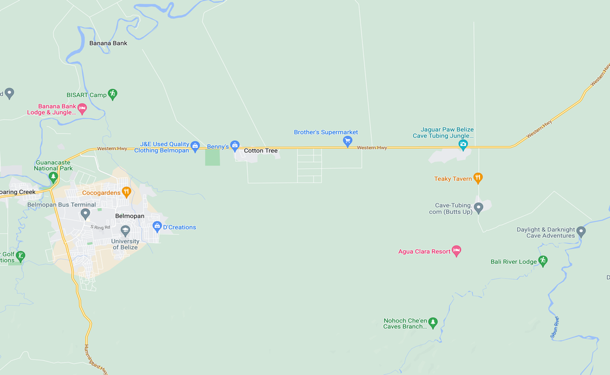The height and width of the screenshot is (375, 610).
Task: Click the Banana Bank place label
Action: [x=108, y=43]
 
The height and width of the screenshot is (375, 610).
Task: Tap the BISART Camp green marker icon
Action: [x=113, y=94]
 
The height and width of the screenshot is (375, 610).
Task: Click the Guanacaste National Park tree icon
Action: [x=53, y=176]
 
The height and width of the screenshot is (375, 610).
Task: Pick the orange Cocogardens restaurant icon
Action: [x=126, y=192]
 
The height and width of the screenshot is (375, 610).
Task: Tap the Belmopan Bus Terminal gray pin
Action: [x=85, y=213]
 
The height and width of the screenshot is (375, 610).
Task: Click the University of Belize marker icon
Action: [x=125, y=230]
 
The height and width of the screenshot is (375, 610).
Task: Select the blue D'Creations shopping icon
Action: [x=157, y=227]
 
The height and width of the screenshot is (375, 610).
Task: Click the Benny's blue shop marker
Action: [x=235, y=146]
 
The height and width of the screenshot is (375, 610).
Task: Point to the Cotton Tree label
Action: [x=261, y=151]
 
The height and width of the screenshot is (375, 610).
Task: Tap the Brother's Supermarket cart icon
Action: [x=347, y=141]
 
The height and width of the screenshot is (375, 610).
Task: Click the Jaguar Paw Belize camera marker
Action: [x=463, y=145]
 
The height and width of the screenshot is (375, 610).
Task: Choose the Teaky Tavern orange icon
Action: [x=477, y=178]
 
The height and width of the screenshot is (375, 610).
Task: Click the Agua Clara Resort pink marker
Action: [x=456, y=251]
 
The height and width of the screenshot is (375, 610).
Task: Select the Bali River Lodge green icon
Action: [x=543, y=261]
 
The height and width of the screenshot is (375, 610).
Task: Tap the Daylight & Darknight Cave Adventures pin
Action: [x=581, y=231]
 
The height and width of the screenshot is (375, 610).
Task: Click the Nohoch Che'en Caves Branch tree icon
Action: [x=433, y=323]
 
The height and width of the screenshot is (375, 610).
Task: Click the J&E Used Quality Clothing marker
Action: [x=195, y=145]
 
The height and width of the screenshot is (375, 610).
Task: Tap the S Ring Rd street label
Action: [x=100, y=227]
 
